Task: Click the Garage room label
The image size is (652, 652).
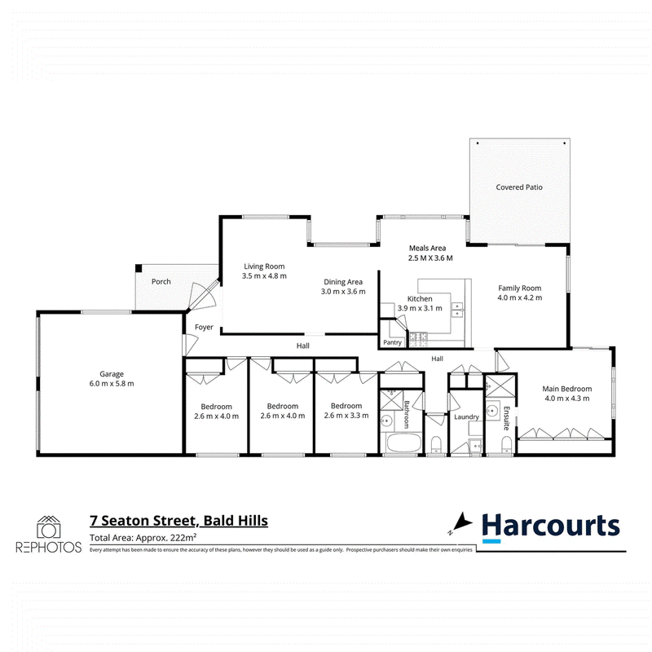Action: pyautogui.click(x=112, y=374)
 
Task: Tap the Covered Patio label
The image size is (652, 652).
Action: pyautogui.click(x=519, y=187)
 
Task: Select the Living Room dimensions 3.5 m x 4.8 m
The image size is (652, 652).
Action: pyautogui.click(x=264, y=275)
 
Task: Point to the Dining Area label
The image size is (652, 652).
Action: pyautogui.click(x=343, y=282)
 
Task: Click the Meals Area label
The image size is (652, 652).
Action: pyautogui.click(x=427, y=248)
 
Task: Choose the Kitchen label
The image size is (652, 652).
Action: pyautogui.click(x=420, y=298)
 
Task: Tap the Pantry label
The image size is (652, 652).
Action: pyautogui.click(x=392, y=342)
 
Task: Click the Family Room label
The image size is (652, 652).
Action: pyautogui.click(x=520, y=288)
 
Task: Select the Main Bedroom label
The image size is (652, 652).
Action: pyautogui.click(x=566, y=389)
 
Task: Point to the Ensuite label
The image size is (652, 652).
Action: pyautogui.click(x=506, y=418)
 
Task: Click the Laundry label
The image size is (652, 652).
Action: pyautogui.click(x=466, y=416)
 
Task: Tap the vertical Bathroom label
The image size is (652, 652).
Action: pyautogui.click(x=407, y=414)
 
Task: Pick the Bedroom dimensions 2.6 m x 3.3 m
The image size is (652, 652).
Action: pyautogui.click(x=346, y=416)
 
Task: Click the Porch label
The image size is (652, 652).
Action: pyautogui.click(x=161, y=281)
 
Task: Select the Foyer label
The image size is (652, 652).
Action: pyautogui.click(x=204, y=328)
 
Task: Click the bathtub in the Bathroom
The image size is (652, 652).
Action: pyautogui.click(x=403, y=443)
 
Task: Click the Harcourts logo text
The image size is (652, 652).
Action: pyautogui.click(x=551, y=526)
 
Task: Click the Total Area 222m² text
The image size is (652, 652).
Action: pyautogui.click(x=143, y=537)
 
